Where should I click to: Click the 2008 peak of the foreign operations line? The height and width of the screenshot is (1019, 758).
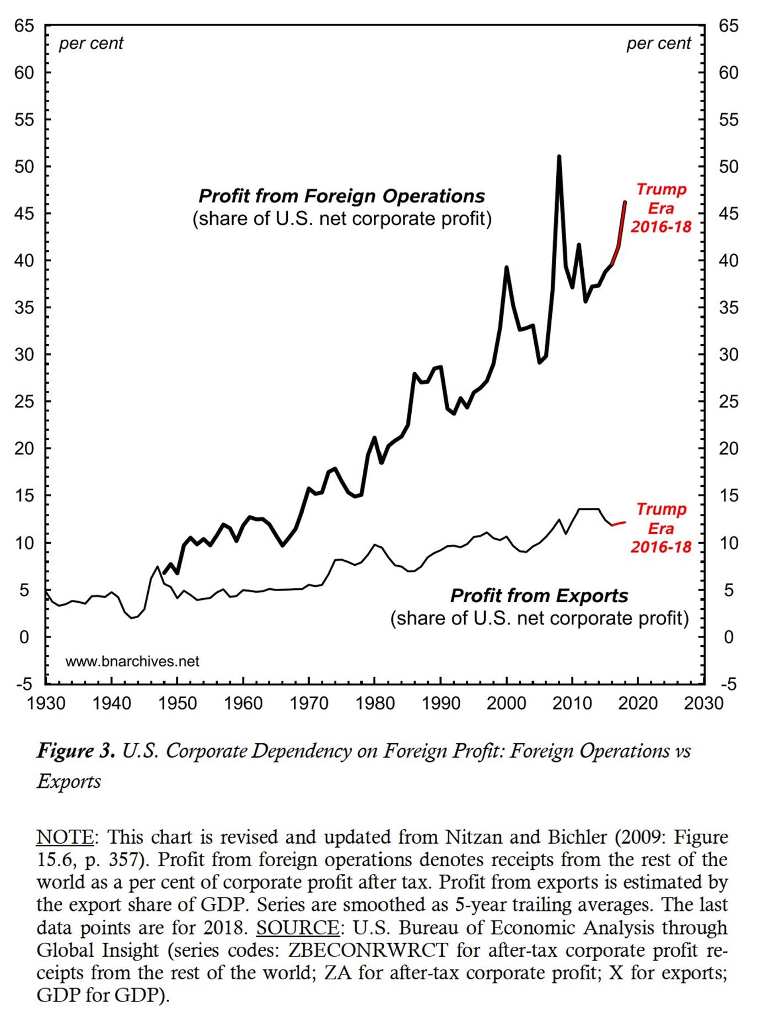(559, 157)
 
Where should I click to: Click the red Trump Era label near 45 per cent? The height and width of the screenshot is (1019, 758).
(661, 208)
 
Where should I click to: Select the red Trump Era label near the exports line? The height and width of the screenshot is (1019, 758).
(661, 528)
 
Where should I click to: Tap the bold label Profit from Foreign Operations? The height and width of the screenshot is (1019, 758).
(341, 196)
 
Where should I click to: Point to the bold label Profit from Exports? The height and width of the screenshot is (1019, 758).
(539, 596)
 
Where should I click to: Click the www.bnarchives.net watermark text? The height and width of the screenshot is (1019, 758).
(132, 661)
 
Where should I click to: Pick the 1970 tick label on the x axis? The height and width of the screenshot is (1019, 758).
(309, 704)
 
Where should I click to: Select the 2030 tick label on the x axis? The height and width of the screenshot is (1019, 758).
(703, 704)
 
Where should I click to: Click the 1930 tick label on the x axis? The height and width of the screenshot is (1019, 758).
(46, 704)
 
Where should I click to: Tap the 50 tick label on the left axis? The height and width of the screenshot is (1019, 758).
(24, 167)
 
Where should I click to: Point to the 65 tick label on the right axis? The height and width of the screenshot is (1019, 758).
(728, 26)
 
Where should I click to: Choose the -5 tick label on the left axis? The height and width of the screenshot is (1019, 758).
(24, 684)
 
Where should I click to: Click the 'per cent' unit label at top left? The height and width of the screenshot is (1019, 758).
(91, 44)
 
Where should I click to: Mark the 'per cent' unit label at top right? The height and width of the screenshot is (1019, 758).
(658, 44)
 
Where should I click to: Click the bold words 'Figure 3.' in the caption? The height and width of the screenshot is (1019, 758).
(76, 751)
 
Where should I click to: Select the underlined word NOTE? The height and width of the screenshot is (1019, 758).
(65, 838)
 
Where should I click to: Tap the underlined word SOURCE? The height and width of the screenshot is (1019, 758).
(298, 928)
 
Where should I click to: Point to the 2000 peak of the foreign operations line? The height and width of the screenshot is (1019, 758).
(506, 267)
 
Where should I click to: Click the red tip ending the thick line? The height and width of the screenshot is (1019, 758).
(625, 202)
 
